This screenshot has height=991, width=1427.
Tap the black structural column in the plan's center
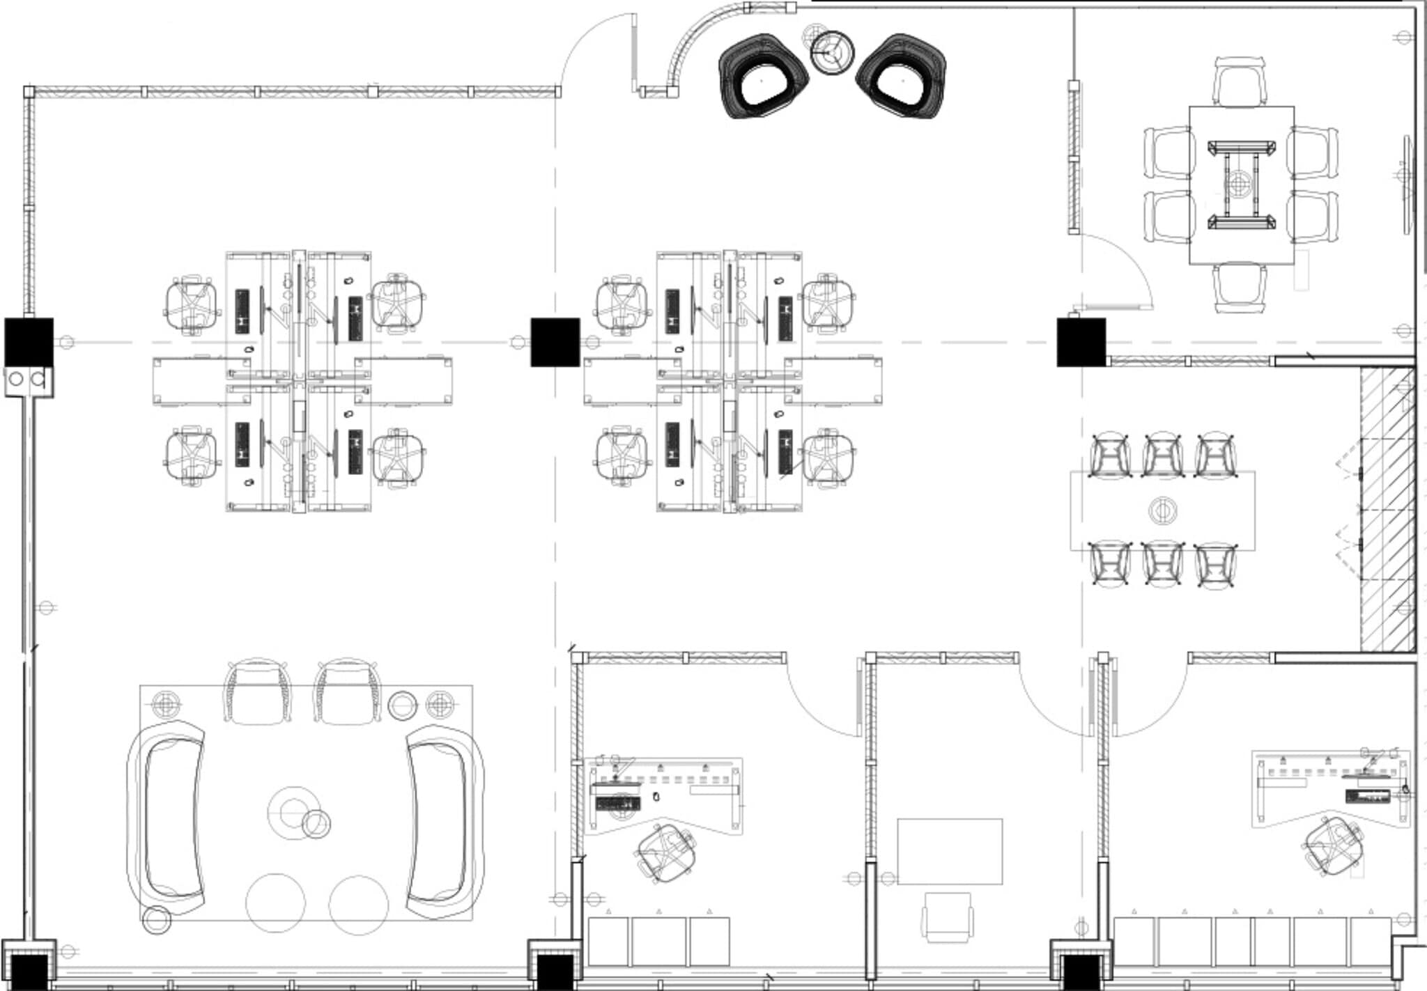click(x=555, y=342)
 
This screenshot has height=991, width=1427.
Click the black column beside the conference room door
click(x=1081, y=342)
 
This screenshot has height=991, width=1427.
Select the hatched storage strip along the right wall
click(x=1387, y=508)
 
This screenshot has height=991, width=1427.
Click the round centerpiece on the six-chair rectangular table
click(x=1162, y=511)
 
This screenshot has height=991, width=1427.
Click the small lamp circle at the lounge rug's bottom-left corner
click(x=156, y=920)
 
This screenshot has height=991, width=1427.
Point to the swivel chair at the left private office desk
click(x=665, y=853)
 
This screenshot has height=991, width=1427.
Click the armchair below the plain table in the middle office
click(x=948, y=917)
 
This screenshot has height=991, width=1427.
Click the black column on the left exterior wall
click(x=29, y=342)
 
